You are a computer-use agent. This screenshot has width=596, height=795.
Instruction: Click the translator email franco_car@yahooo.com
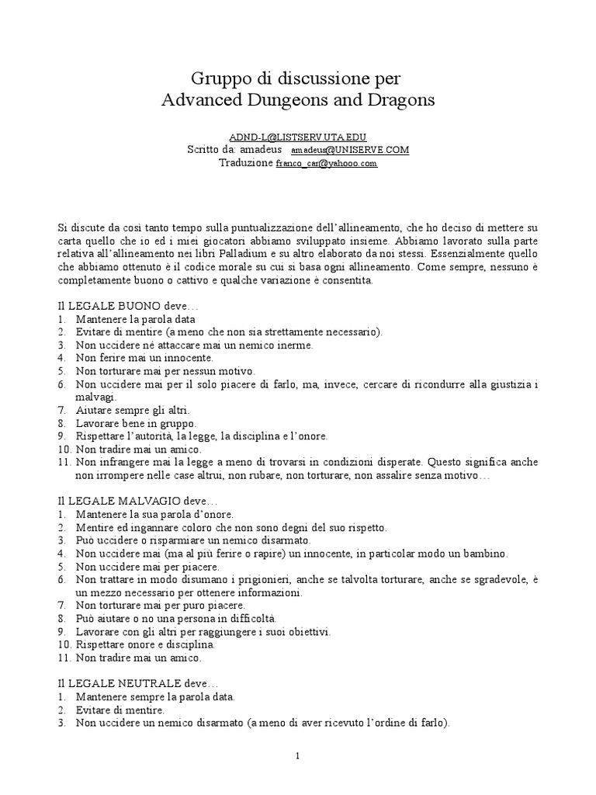pyautogui.click(x=327, y=164)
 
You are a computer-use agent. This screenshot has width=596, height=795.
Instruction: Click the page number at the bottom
pyautogui.click(x=298, y=757)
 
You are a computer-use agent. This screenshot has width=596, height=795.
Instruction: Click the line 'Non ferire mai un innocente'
pyautogui.click(x=144, y=357)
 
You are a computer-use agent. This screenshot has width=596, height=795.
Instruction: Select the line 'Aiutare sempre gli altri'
pyautogui.click(x=132, y=409)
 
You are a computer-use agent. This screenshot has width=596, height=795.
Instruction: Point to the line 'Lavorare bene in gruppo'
pyautogui.click(x=136, y=423)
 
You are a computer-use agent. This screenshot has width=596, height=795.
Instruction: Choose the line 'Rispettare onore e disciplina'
pyautogui.click(x=145, y=644)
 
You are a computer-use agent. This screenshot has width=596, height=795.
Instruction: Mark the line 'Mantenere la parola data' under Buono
pyautogui.click(x=135, y=318)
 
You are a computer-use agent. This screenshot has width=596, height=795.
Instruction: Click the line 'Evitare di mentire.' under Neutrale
pyautogui.click(x=120, y=710)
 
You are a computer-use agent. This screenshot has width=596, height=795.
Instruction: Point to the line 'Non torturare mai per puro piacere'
pyautogui.click(x=160, y=605)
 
